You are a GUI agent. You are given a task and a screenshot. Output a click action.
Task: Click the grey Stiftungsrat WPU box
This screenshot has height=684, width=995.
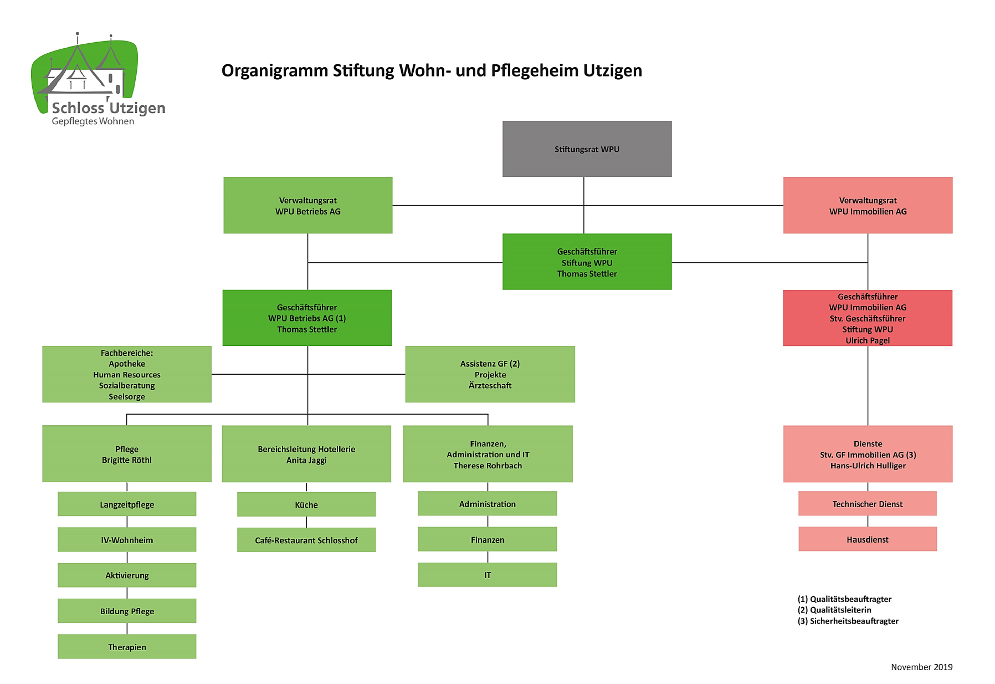click(x=587, y=149)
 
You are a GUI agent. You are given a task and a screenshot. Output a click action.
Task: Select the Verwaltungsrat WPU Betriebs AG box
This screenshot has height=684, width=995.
click(x=308, y=205)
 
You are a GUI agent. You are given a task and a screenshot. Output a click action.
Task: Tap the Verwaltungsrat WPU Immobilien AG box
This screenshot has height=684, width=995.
click(x=868, y=205)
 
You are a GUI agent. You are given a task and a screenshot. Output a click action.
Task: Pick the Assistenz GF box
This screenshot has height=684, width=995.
click(x=490, y=374)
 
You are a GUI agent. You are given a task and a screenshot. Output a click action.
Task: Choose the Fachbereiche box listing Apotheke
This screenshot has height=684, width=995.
click(x=127, y=374)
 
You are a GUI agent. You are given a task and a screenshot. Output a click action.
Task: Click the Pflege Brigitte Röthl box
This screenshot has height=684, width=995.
click(x=127, y=454)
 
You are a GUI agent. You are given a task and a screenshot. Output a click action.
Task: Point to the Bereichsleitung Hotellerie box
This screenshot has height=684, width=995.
click(x=306, y=454)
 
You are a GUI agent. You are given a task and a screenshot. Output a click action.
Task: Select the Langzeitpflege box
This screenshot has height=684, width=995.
click(x=127, y=504)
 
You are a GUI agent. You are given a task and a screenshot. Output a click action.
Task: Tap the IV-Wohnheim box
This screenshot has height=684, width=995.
click(x=127, y=539)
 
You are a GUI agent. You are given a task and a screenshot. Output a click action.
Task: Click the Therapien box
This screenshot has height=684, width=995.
click(x=127, y=646)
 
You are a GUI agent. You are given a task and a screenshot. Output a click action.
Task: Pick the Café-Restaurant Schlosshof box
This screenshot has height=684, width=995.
click(x=306, y=540)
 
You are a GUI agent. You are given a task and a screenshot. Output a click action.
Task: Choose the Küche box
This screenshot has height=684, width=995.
click(x=306, y=504)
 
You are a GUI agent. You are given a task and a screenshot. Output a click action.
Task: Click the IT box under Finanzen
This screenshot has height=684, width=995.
click(x=488, y=575)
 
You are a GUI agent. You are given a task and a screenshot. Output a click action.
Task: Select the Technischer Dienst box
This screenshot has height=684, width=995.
click(x=868, y=503)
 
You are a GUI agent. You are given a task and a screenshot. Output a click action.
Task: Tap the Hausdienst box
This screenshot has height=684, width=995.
click(x=868, y=539)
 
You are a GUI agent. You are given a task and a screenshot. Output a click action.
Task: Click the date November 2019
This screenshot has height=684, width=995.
click(x=922, y=667)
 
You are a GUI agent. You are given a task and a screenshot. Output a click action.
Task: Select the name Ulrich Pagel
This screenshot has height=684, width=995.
click(x=868, y=340)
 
